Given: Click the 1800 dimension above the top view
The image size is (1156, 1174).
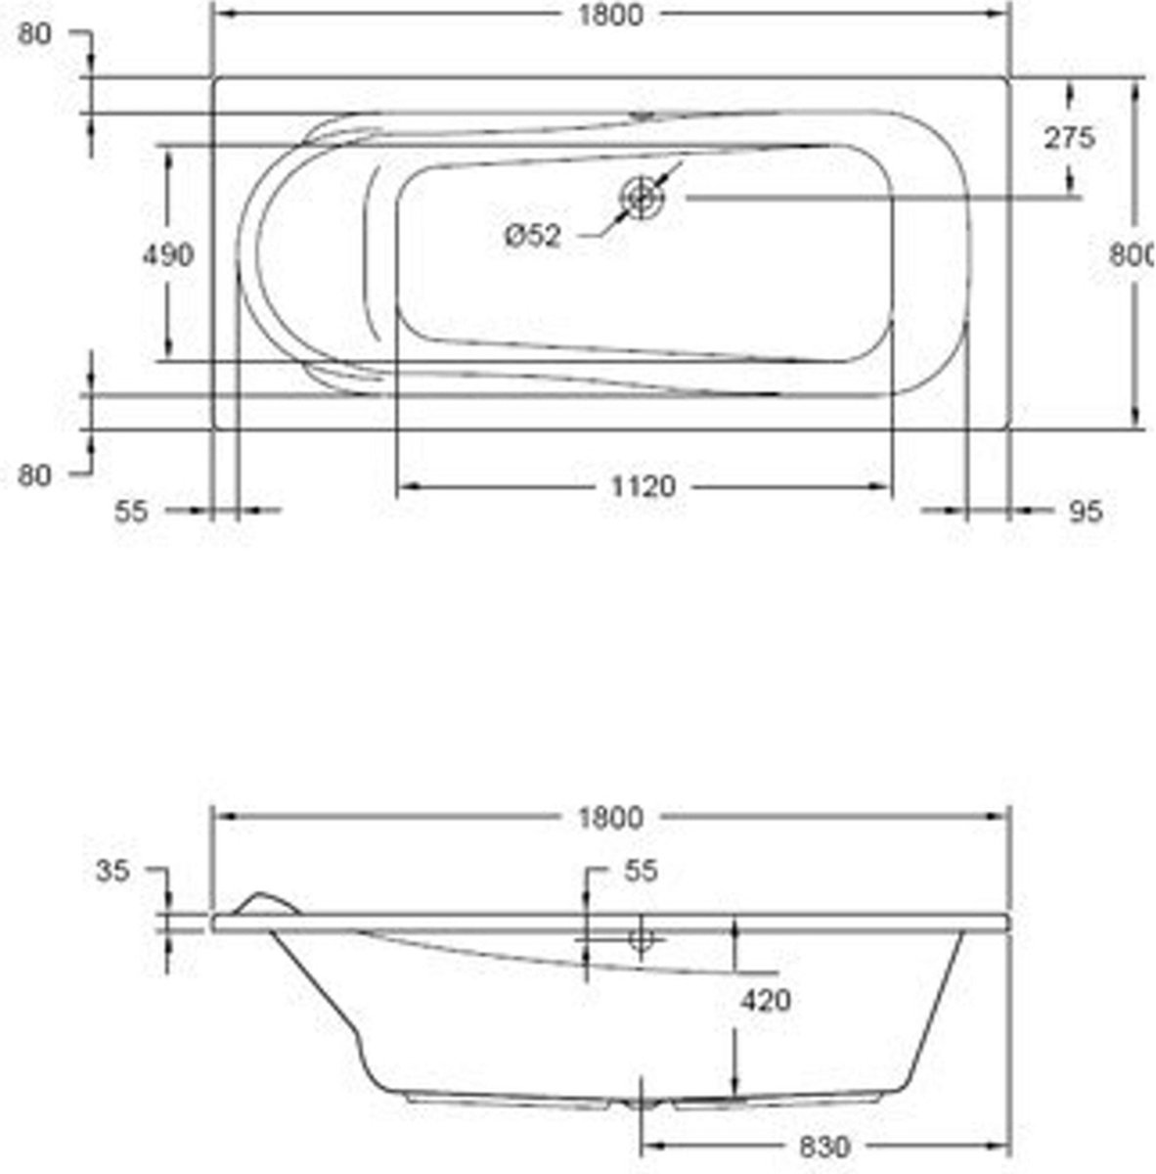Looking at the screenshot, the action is coord(609,16).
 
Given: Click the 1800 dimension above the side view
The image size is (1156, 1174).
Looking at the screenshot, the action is coord(609,818).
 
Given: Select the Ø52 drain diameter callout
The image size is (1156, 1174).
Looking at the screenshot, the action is coord(532,236).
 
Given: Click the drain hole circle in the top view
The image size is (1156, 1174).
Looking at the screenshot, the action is coord(641,197).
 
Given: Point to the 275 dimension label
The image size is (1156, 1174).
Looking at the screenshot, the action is coord(1070,138).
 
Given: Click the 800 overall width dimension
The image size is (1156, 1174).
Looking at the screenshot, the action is coord(1132,254).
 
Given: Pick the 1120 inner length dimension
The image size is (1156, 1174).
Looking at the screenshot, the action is coord(644,486).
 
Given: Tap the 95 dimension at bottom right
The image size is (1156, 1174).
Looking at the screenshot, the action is coord(1086,511).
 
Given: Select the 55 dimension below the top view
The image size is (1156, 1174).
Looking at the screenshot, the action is coord(132,511).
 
